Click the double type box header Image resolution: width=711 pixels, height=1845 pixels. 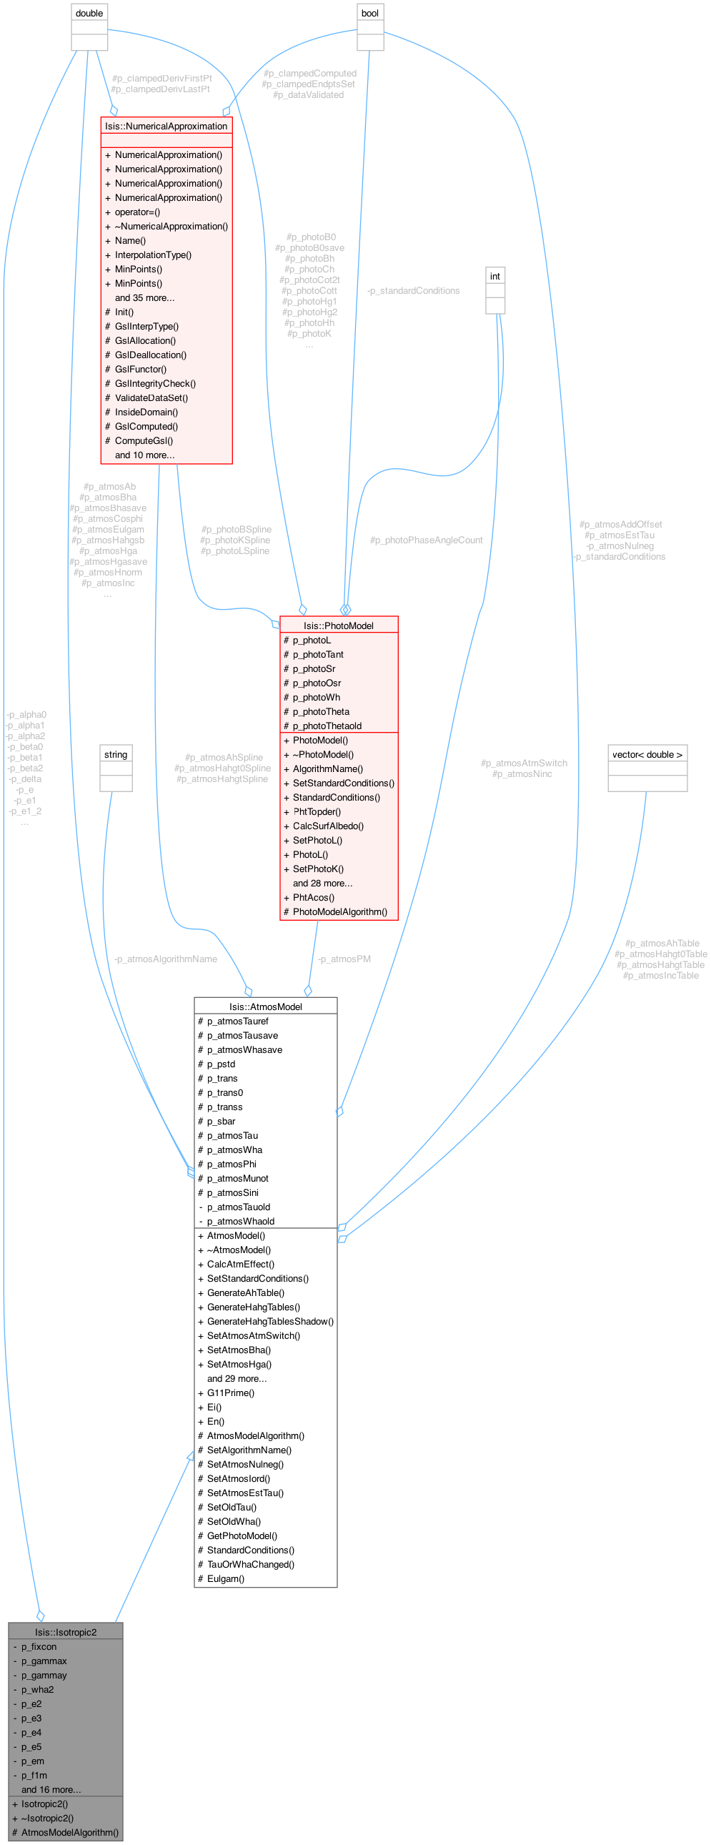89,13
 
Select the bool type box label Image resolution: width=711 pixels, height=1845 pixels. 370,13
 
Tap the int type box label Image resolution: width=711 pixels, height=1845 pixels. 494,276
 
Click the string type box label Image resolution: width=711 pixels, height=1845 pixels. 115,754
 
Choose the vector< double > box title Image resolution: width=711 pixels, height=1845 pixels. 647,754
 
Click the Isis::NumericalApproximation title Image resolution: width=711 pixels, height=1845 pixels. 166,126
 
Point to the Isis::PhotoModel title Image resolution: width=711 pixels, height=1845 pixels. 339,625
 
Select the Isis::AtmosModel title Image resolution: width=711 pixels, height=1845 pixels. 266,1006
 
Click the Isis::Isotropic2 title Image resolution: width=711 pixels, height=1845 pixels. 66,1632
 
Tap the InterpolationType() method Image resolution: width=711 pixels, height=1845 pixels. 153,255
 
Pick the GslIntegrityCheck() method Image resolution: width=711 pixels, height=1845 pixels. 155,383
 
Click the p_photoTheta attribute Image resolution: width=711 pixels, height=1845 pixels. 321,711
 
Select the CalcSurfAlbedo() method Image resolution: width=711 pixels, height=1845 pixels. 328,826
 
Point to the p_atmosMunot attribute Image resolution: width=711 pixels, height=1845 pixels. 238,1178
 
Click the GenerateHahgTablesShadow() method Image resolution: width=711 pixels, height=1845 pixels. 270,1322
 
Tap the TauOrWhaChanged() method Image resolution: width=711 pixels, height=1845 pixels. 251,1564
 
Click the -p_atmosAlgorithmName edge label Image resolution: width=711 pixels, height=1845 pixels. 166,959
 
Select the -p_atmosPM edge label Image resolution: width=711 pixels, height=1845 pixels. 344,959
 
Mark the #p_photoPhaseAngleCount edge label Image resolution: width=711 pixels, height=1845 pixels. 426,540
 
